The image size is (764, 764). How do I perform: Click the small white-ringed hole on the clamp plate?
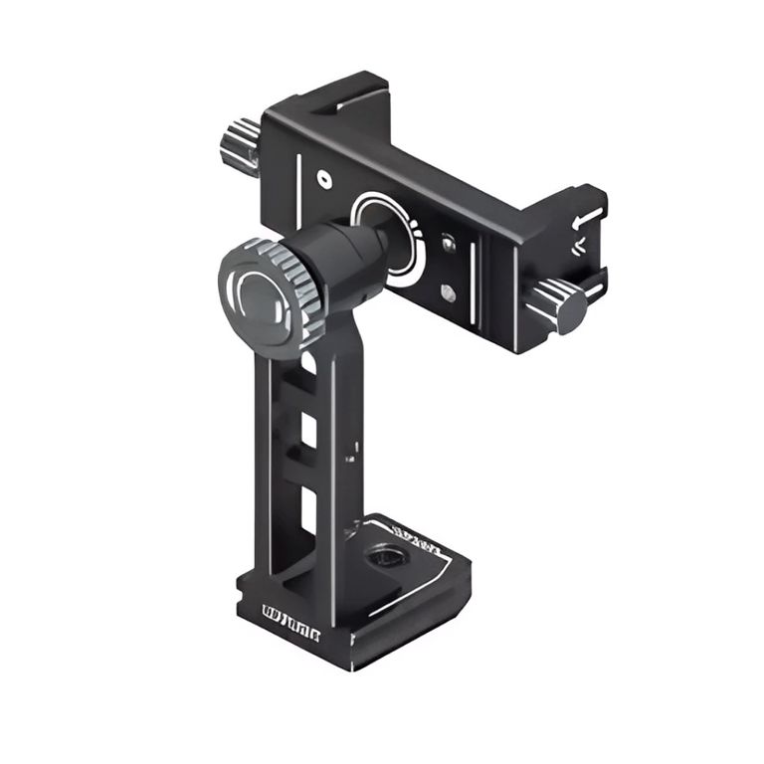tap(323, 179)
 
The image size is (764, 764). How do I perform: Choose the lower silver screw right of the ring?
tap(449, 292)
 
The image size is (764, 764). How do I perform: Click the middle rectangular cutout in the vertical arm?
tap(309, 431)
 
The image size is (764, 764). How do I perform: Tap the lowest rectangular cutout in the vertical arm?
tap(308, 508)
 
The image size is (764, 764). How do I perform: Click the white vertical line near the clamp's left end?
tap(296, 170)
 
